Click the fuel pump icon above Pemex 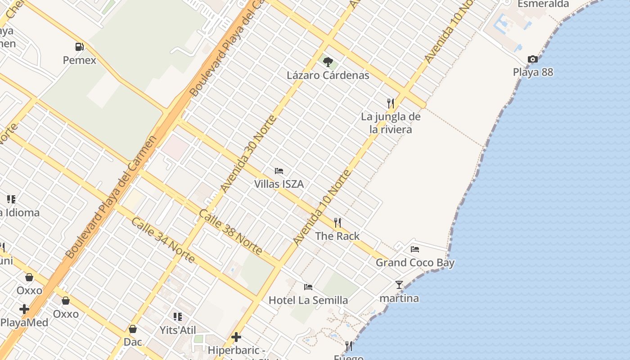[x=79, y=47]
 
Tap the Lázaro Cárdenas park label [x=328, y=75]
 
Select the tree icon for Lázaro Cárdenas [x=328, y=62]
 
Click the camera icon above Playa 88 [x=533, y=59]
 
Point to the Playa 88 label [x=533, y=72]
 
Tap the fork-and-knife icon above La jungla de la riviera [x=391, y=103]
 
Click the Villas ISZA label [x=279, y=184]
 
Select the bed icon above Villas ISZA [x=279, y=171]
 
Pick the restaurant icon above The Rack [x=337, y=222]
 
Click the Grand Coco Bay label [x=415, y=262]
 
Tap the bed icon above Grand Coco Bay [x=415, y=249]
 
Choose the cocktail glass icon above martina [x=399, y=284]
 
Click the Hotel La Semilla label [x=308, y=300]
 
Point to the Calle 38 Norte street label [x=230, y=231]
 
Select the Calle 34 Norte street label [x=163, y=240]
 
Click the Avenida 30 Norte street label [x=248, y=153]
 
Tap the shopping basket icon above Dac [x=133, y=329]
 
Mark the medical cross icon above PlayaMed [x=24, y=309]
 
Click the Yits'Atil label [x=178, y=330]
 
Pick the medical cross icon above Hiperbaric [x=236, y=337]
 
